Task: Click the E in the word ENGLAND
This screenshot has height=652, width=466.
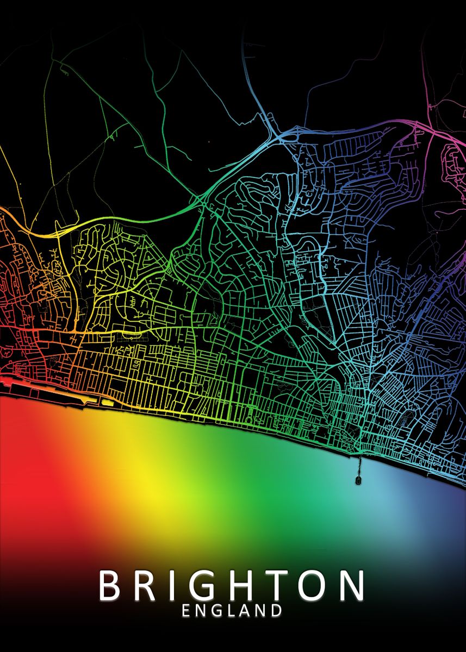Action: tap(186, 611)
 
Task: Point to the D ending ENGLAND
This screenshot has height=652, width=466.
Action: tap(277, 611)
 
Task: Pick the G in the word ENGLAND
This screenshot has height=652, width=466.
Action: tap(217, 611)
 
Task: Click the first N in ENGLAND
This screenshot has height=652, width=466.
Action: tap(201, 611)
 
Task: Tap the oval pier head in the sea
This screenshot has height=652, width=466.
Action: tap(358, 480)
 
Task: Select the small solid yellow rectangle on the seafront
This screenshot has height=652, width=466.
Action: tap(108, 403)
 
